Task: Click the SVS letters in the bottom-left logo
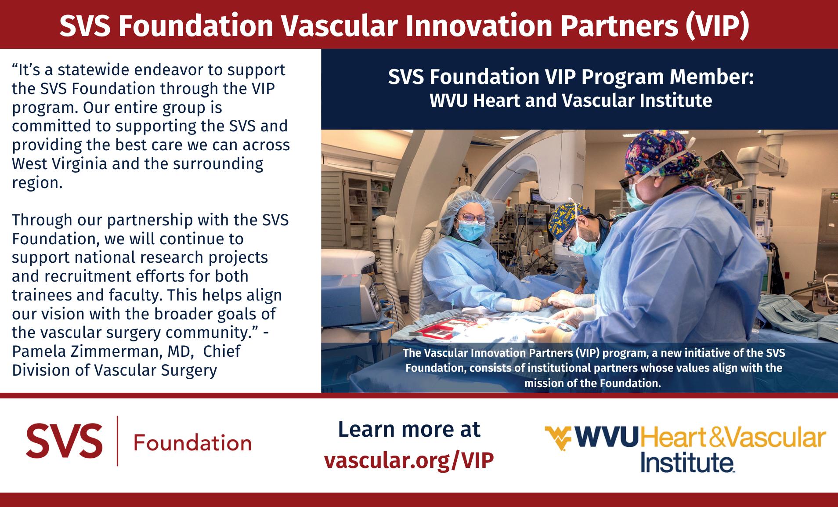point(64,441)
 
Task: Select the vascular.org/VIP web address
point(409,460)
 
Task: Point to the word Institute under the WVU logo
point(687,462)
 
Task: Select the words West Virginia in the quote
point(59,164)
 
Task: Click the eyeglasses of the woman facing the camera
point(473,218)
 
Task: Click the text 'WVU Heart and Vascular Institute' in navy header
point(571,101)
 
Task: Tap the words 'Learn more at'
point(409,430)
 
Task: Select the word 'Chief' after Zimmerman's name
point(222,351)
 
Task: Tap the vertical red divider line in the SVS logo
point(118,441)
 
